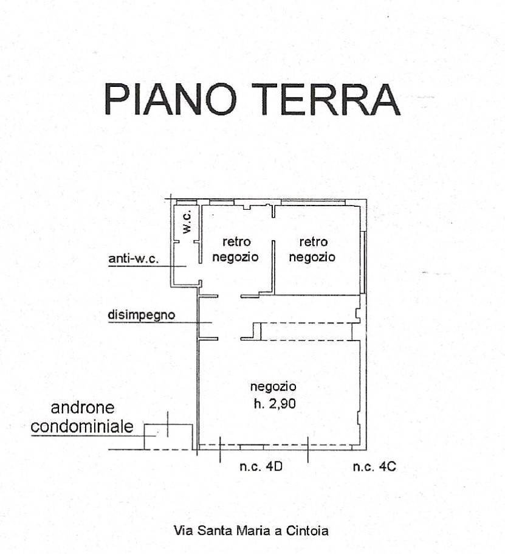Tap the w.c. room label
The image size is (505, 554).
pos(187,223)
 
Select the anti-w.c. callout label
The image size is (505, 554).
pos(133,260)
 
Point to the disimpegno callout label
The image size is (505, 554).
pos(141,315)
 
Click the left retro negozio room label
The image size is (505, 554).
pos(236,249)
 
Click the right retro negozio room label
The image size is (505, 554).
pos(312,249)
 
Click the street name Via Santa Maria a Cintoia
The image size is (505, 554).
pos(251,531)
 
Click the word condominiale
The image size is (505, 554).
pos(82,426)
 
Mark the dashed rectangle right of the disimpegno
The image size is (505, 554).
pos(306,331)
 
